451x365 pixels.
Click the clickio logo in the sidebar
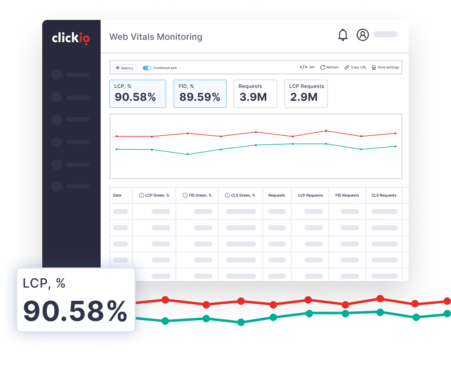pyautogui.click(x=71, y=38)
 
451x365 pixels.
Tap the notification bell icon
pyautogui.click(x=343, y=35)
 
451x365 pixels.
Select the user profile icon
pyautogui.click(x=363, y=35)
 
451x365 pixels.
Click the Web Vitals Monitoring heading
pyautogui.click(x=156, y=37)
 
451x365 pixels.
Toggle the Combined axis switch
pyautogui.click(x=147, y=68)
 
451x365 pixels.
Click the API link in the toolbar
pyautogui.click(x=307, y=67)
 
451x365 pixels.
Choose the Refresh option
pyautogui.click(x=329, y=67)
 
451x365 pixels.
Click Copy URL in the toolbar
pyautogui.click(x=355, y=67)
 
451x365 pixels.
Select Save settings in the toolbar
pyautogui.click(x=385, y=67)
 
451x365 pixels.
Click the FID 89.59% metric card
pyautogui.click(x=200, y=94)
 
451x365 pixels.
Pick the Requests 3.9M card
pyautogui.click(x=255, y=94)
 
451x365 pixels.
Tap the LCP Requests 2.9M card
pyautogui.click(x=306, y=94)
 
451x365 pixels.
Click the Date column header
pyautogui.click(x=117, y=195)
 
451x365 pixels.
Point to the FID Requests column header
pyautogui.click(x=347, y=195)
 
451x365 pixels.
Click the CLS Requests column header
pyautogui.click(x=383, y=195)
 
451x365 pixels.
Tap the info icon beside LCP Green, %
pyautogui.click(x=142, y=195)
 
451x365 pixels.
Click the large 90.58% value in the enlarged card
pyautogui.click(x=75, y=311)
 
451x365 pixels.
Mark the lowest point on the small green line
pyautogui.click(x=188, y=154)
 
